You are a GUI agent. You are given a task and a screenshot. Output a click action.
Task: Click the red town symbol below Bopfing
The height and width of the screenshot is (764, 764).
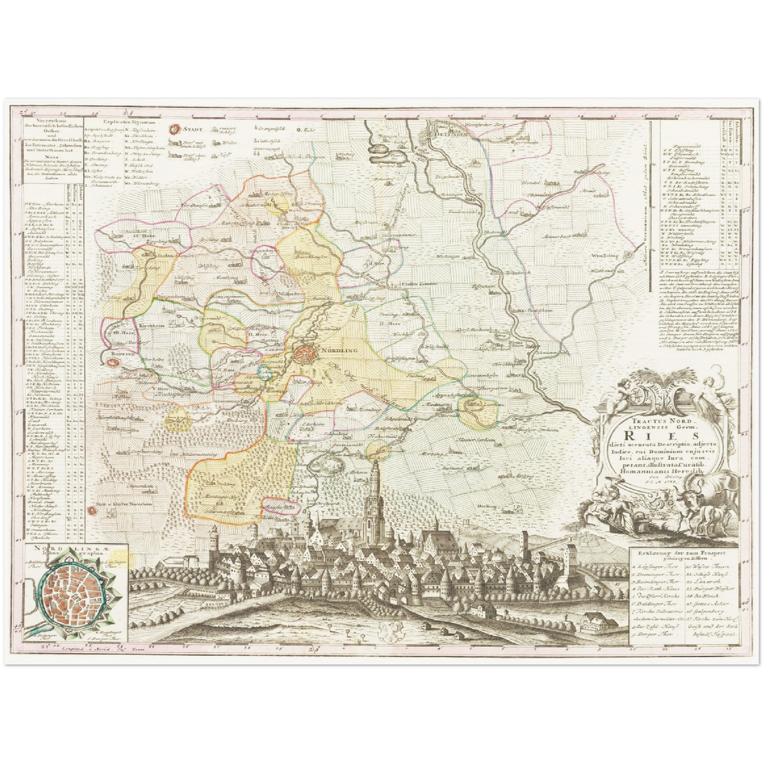(112, 363)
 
